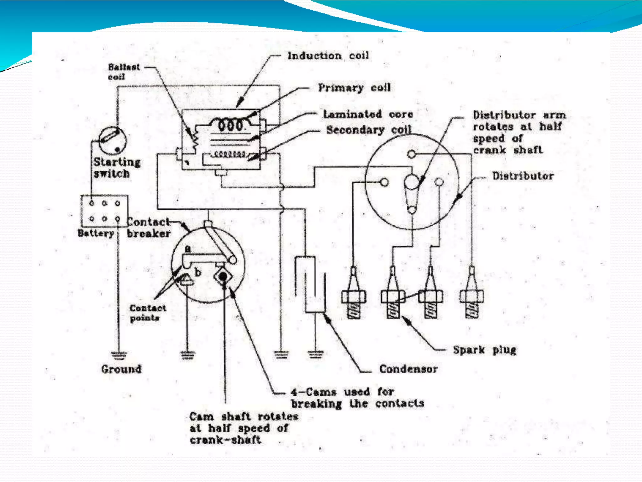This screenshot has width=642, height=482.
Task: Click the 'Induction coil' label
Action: (x=328, y=56)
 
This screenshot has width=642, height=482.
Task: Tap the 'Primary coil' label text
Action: (x=355, y=88)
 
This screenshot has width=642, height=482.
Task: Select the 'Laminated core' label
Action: (x=368, y=114)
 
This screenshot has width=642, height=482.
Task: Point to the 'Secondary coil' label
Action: (x=369, y=130)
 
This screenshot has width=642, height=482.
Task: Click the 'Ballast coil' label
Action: (x=124, y=72)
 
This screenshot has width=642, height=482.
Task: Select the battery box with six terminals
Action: (x=104, y=211)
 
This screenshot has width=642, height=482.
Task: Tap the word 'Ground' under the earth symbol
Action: (x=121, y=369)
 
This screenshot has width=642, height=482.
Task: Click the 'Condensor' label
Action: (x=408, y=369)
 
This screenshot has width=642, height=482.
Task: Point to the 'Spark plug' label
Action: (x=484, y=350)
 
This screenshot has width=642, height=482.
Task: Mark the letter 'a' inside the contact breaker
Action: (x=187, y=249)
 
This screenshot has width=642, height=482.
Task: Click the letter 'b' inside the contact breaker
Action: (x=197, y=272)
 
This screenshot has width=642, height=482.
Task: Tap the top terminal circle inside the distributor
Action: (x=412, y=154)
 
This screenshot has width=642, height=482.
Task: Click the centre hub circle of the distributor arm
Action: (x=412, y=182)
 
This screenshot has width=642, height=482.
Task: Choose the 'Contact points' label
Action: (x=147, y=313)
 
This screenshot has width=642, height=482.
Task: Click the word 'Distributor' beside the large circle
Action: (x=523, y=176)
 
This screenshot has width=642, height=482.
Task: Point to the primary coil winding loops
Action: (x=231, y=125)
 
